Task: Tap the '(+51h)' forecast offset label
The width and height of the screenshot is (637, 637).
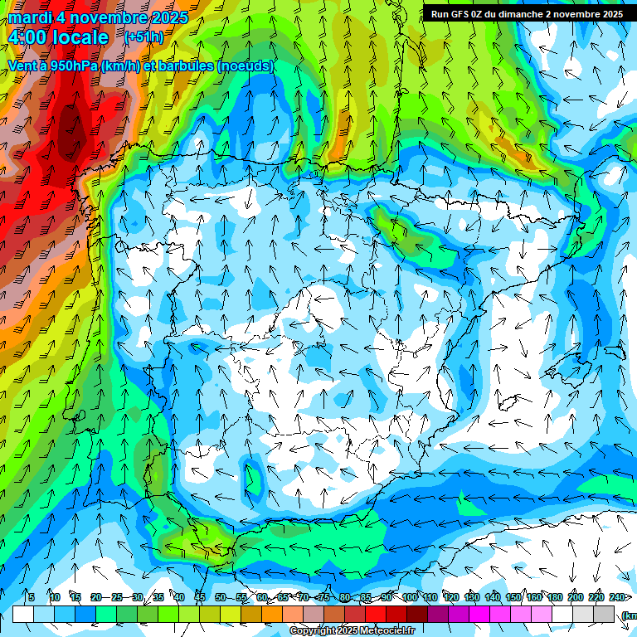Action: [143, 36]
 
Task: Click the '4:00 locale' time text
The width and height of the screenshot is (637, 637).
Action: [58, 37]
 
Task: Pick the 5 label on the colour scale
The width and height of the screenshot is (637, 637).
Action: [31, 597]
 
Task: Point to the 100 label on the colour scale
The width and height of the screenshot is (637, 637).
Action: [409, 597]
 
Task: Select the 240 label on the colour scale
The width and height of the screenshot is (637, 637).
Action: [617, 597]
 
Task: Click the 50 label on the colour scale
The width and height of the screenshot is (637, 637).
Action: [221, 597]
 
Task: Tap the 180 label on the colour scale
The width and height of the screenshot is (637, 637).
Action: [555, 597]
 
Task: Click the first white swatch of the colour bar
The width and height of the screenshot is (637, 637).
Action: [23, 614]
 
